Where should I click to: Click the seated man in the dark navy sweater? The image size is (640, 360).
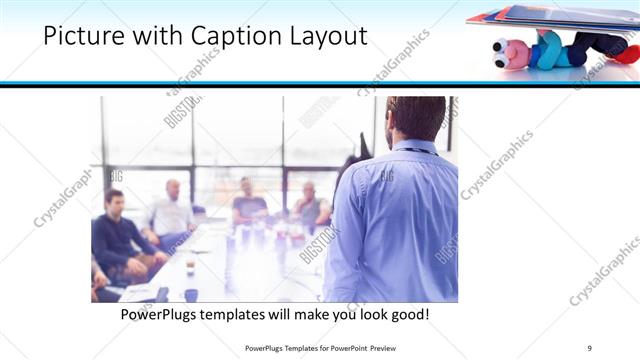click(118, 235)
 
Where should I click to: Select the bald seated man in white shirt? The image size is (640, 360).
click(172, 212)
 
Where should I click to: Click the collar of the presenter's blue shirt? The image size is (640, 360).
click(411, 147)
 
